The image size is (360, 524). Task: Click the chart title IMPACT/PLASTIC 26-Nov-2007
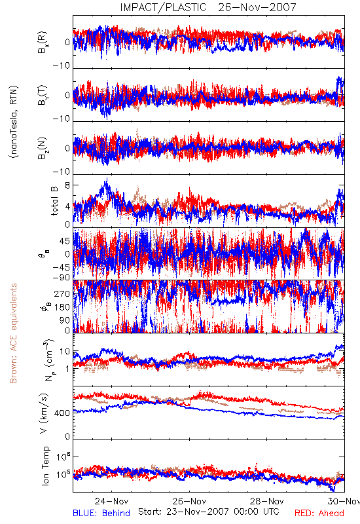coord(208,7)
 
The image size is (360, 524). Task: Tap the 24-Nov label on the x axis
coord(111,501)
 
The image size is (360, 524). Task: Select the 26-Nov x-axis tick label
coord(189,501)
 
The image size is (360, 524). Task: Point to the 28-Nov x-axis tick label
coord(267,501)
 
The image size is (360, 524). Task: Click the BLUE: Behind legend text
coord(101,513)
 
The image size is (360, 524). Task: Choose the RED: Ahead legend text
coord(319,513)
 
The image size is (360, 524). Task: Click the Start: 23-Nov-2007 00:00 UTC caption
coord(209,512)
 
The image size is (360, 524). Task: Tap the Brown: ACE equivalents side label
coord(13,333)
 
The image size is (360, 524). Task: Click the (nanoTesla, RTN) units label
coord(14,122)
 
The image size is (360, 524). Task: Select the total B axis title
coord(54,201)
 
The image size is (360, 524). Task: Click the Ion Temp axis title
coord(45,466)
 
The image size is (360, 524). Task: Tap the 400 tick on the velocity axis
coord(62,413)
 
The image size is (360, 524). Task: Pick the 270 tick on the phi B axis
coord(62,293)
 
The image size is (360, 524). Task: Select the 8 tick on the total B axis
coord(68,185)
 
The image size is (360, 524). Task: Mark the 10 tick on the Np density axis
coord(65,352)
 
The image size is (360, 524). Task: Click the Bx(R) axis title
coord(43,42)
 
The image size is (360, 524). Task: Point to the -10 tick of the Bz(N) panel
coord(61,172)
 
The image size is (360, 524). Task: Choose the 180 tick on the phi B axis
coord(62,307)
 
